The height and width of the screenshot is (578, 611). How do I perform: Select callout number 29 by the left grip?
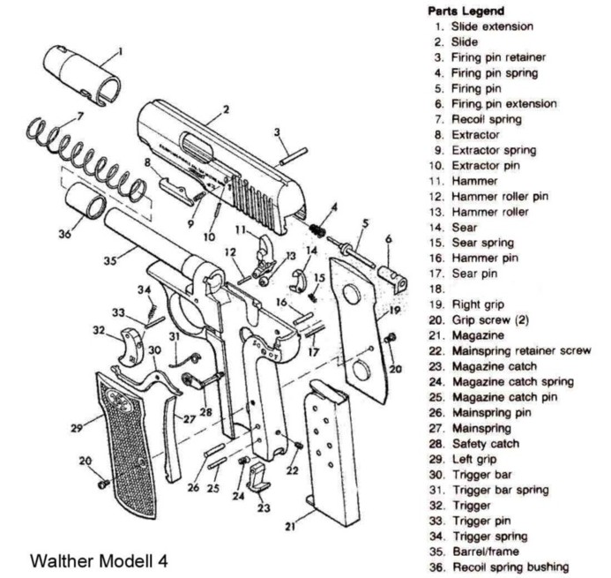click(x=76, y=428)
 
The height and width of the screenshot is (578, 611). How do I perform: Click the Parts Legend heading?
click(x=465, y=11)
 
